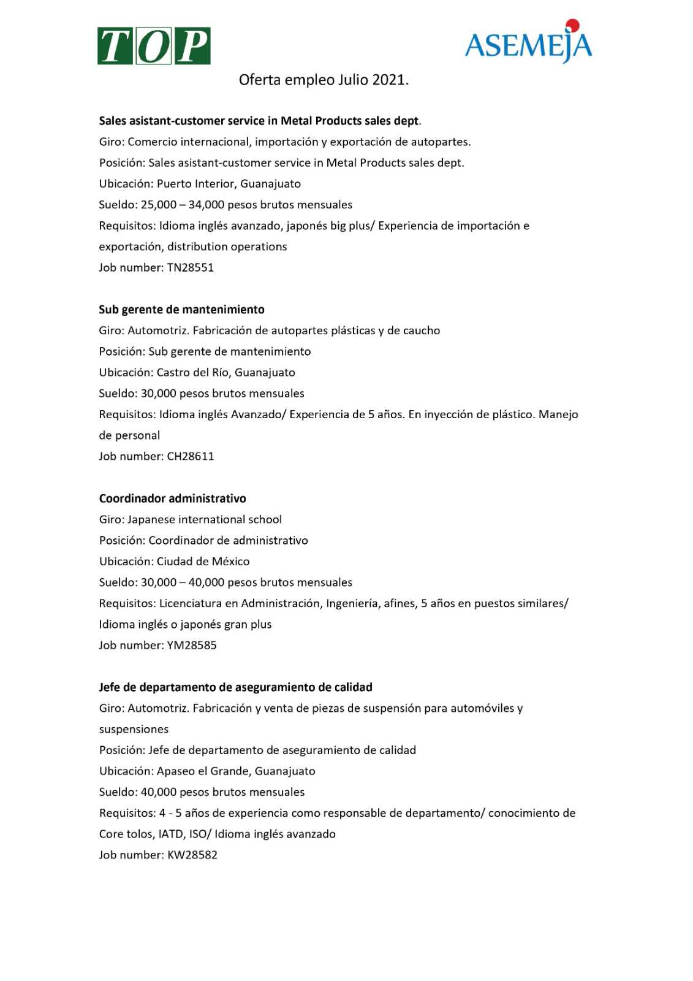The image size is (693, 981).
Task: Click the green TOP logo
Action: [x=154, y=46]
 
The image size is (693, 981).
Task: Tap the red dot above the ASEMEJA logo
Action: [x=572, y=26]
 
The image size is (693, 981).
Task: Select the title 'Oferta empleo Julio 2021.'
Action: [x=324, y=80]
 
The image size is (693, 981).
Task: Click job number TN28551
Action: [x=190, y=267]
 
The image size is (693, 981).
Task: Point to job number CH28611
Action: [x=190, y=456]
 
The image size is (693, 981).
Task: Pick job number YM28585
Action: [x=191, y=645]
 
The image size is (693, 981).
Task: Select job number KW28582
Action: [x=192, y=855]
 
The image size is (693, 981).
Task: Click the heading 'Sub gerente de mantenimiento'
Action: [x=182, y=310]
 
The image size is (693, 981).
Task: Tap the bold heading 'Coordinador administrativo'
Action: [x=173, y=498]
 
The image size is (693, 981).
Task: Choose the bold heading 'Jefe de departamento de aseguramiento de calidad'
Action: [x=236, y=687]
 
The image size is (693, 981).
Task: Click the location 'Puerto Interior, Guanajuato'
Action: [x=229, y=184]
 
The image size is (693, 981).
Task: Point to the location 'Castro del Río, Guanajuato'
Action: [x=225, y=373]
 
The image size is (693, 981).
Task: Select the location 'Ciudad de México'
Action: [x=203, y=562]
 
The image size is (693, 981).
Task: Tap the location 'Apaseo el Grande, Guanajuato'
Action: [x=236, y=771]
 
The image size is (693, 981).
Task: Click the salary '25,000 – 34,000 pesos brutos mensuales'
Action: [x=246, y=205]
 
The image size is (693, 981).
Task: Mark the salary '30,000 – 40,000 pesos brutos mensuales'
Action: [x=246, y=582]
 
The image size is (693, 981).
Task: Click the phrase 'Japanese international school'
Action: [x=205, y=520]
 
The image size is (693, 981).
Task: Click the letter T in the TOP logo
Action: [x=116, y=46]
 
